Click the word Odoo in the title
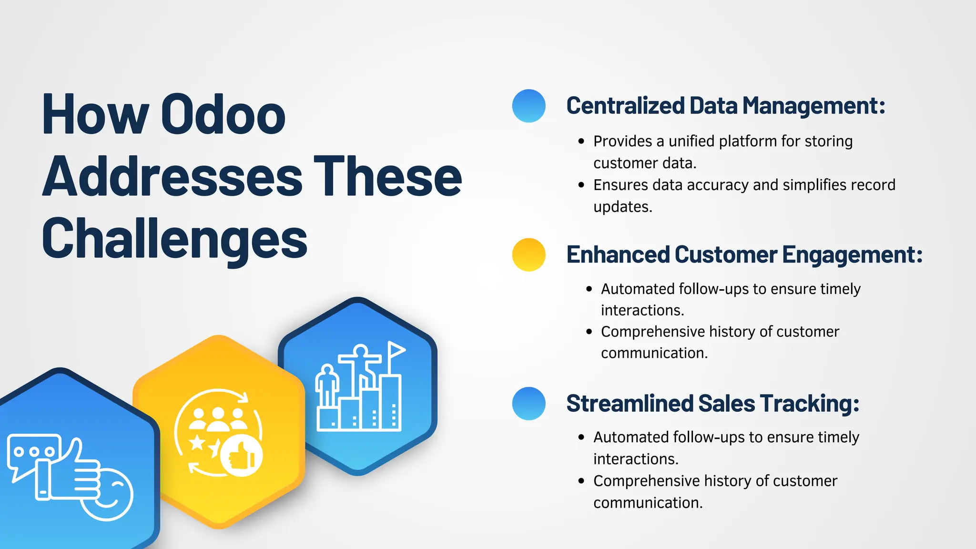[223, 115]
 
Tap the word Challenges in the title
[174, 239]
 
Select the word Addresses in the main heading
[172, 177]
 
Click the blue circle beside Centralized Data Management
[529, 106]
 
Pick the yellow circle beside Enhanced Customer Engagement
[529, 254]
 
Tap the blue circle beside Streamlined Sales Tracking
[529, 403]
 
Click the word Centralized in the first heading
[625, 106]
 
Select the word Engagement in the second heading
[852, 254]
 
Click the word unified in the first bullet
[691, 141]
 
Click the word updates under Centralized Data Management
[622, 207]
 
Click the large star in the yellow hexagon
[197, 443]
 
